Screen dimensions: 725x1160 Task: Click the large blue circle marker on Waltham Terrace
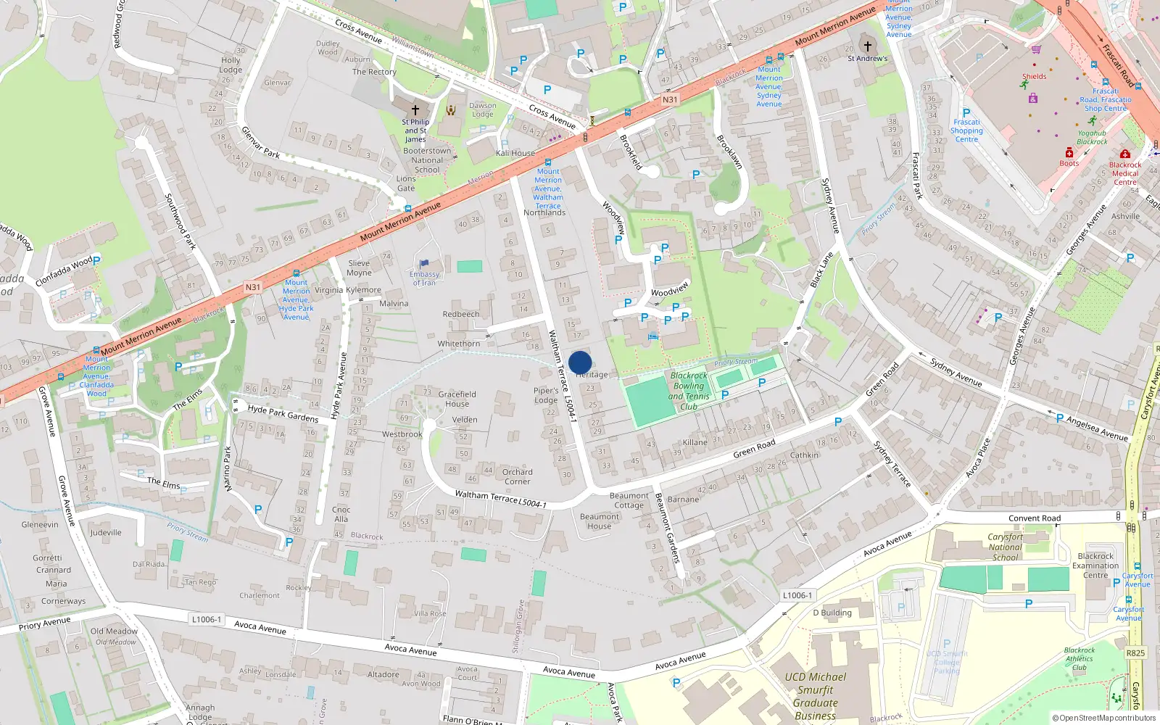coord(580,362)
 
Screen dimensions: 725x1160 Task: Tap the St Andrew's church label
coord(867,58)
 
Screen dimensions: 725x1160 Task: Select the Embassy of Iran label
coord(424,278)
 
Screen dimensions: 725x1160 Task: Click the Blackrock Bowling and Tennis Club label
coord(689,391)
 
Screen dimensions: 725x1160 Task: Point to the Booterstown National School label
coord(427,160)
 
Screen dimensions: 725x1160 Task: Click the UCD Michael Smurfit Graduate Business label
coord(815,696)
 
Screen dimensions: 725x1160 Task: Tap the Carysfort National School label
coord(1005,547)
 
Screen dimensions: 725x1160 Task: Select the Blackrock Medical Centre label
coord(1124,173)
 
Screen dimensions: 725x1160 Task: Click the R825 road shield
coord(1135,653)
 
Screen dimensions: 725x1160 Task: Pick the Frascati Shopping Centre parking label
coord(966,130)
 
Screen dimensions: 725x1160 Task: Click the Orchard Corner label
coord(517,476)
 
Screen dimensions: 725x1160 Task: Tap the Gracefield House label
coord(457,399)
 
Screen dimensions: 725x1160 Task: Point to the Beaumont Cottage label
coord(629,500)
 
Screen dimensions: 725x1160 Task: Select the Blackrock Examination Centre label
coord(1095,565)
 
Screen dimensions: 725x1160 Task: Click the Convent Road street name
coord(1034,518)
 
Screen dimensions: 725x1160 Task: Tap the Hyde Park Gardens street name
coord(283,413)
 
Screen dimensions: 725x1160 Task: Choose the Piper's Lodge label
coord(546,395)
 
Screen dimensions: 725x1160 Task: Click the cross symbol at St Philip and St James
coord(415,109)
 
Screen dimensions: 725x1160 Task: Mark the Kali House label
coord(515,153)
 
